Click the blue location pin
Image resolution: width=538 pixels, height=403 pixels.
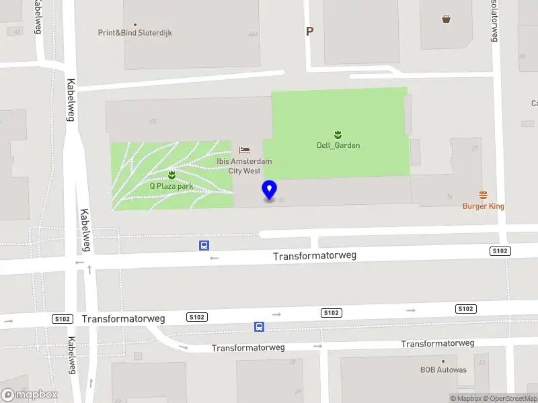click(270, 190)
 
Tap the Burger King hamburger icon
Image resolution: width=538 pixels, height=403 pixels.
click(483, 195)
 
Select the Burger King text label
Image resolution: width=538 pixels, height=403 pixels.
click(483, 206)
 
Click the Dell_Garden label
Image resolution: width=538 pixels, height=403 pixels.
click(338, 145)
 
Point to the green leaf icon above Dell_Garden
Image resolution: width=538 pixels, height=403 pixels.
click(338, 134)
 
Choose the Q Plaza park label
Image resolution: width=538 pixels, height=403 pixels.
click(171, 186)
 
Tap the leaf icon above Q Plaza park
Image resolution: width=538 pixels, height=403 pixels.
click(171, 175)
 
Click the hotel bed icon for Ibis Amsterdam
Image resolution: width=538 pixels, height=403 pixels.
click(244, 149)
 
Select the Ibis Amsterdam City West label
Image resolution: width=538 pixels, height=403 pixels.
click(244, 166)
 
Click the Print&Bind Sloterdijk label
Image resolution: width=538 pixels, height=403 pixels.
click(134, 32)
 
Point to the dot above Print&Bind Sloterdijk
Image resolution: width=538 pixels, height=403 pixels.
click(135, 23)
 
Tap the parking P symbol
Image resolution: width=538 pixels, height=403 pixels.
click(309, 31)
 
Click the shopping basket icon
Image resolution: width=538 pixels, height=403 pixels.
click(446, 19)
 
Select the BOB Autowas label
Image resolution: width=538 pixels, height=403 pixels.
click(443, 369)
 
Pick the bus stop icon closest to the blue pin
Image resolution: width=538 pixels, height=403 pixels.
click(203, 245)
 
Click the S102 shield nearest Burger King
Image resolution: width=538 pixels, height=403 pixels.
click(500, 251)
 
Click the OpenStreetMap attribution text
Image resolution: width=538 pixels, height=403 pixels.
click(510, 398)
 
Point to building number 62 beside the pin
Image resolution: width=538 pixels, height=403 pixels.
click(282, 199)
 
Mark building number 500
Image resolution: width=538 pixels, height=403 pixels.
click(153, 122)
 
